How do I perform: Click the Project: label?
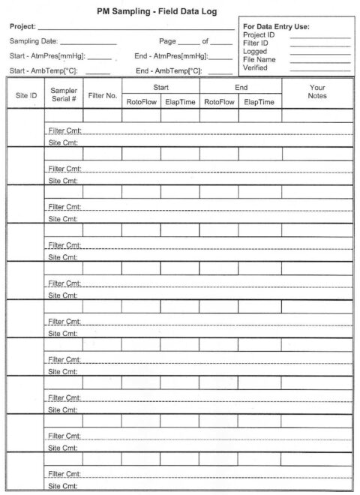pos(22,26)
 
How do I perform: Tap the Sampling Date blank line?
pos(88,42)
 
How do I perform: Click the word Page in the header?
pos(167,42)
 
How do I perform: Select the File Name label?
pos(259,59)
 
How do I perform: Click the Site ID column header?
pos(26,95)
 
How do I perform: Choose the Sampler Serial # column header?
pos(64,94)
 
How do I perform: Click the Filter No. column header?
pos(102,95)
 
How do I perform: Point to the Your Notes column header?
pos(316,91)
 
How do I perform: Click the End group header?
pos(241,87)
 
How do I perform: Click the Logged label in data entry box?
pos(255,51)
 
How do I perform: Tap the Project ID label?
pos(259,34)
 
